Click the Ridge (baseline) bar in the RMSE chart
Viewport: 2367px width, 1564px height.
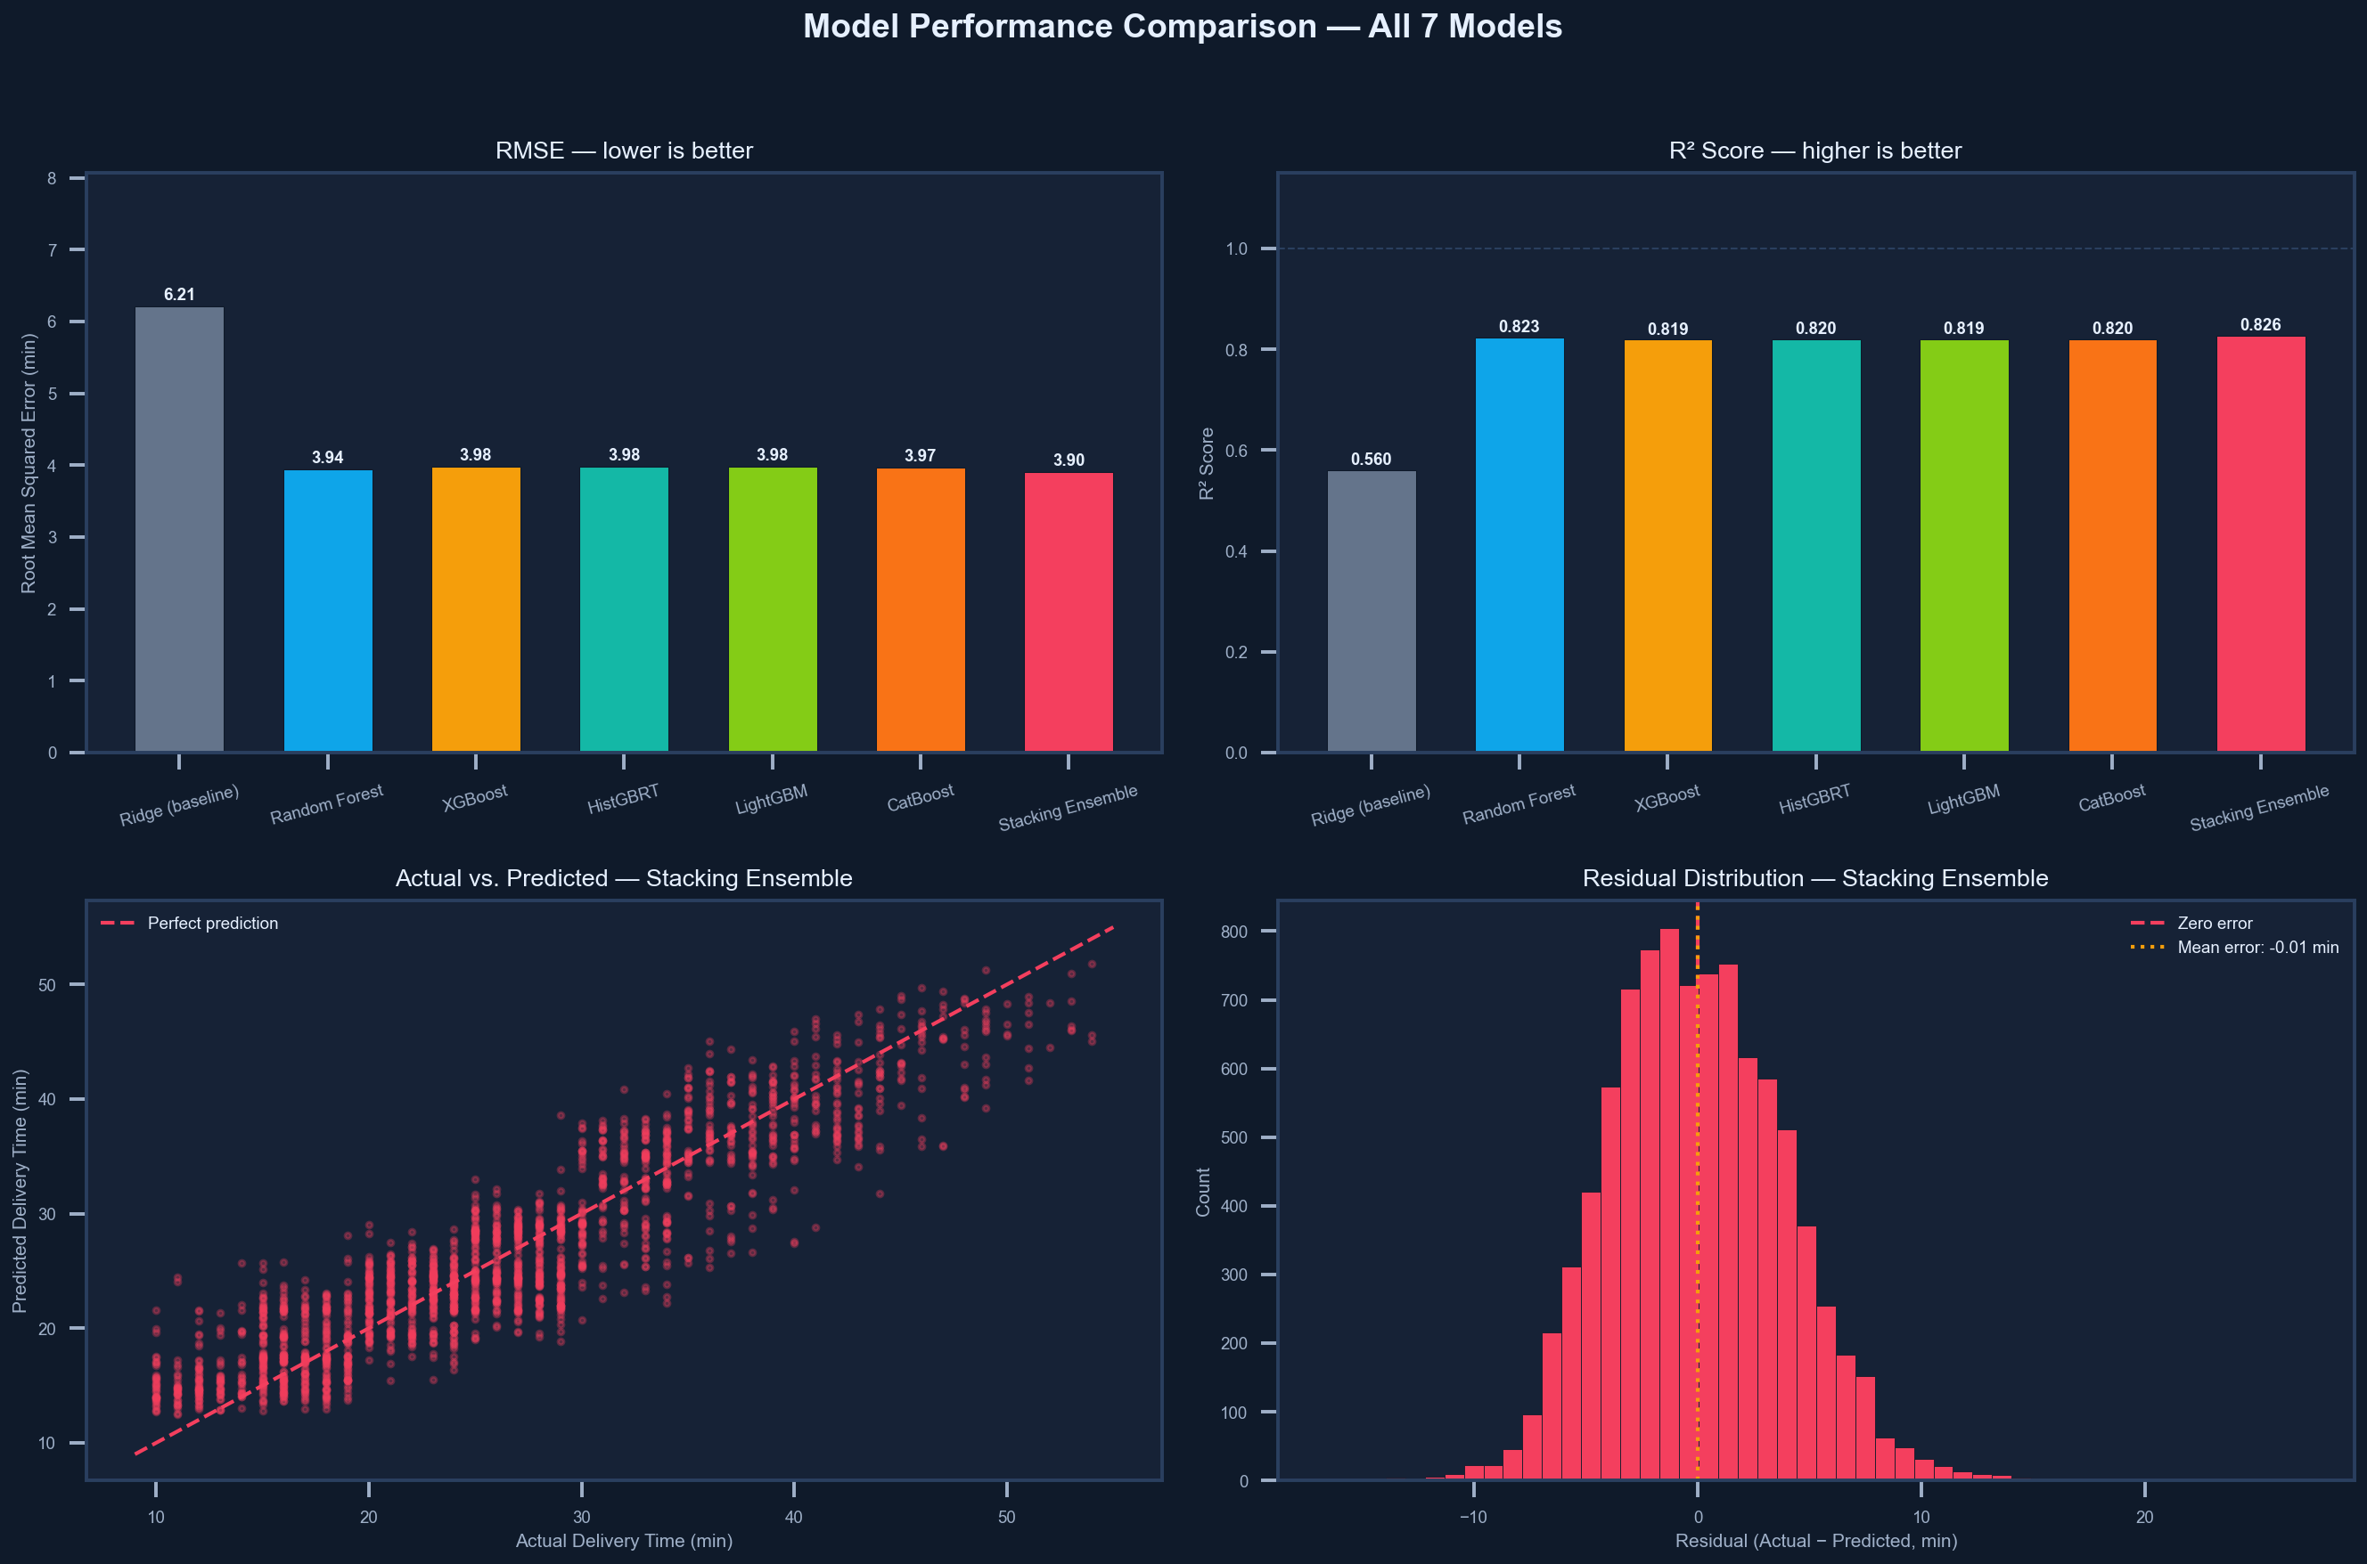(180, 529)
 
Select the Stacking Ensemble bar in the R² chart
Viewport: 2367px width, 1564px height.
(2260, 543)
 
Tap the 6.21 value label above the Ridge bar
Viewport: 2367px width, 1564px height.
(180, 294)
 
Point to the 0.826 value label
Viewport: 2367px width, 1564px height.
(2260, 325)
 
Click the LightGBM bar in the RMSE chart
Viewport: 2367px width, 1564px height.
(773, 608)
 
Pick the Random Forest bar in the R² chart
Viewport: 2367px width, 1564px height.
(1519, 543)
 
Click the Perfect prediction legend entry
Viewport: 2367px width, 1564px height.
(211, 924)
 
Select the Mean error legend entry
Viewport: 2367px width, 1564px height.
(2257, 948)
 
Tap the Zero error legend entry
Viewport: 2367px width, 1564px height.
(2215, 924)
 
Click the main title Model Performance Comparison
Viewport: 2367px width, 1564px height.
(1183, 27)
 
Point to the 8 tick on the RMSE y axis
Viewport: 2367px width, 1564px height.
(52, 178)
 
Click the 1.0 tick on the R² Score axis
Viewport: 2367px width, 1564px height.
(1236, 248)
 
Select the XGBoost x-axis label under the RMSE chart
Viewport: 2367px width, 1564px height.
(475, 798)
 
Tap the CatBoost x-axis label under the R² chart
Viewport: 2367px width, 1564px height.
(2111, 798)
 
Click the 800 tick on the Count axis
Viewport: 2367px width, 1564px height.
(1234, 932)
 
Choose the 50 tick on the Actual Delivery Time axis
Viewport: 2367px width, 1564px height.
(1006, 1517)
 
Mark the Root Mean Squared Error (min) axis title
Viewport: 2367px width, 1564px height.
(28, 464)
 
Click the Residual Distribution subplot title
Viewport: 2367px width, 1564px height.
(1814, 879)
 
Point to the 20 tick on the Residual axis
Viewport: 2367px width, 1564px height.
(2144, 1517)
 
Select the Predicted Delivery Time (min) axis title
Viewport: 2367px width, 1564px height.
(20, 1191)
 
